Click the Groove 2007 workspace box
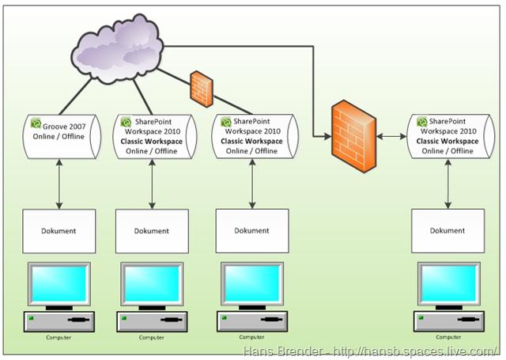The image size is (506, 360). [x=59, y=136]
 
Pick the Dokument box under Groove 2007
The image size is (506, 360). [x=59, y=231]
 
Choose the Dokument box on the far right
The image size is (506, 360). [x=447, y=231]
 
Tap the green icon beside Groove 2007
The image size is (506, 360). [x=36, y=124]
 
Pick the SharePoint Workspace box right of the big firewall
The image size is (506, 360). [x=447, y=136]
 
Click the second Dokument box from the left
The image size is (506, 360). [x=152, y=231]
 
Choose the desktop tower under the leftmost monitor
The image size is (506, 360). [x=59, y=320]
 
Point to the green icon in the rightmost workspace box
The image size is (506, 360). [x=423, y=123]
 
